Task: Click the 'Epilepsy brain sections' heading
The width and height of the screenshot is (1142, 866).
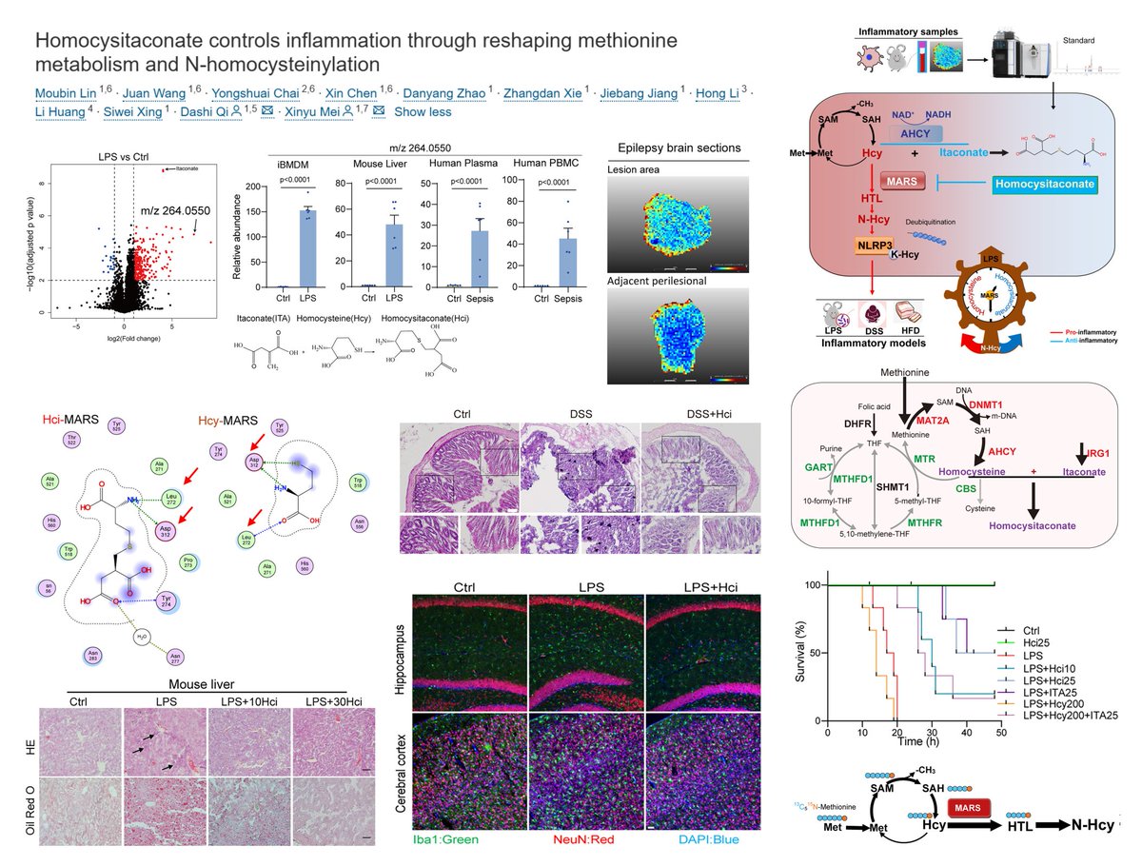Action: coord(673,148)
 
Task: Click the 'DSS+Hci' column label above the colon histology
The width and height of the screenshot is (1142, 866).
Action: coord(700,415)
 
